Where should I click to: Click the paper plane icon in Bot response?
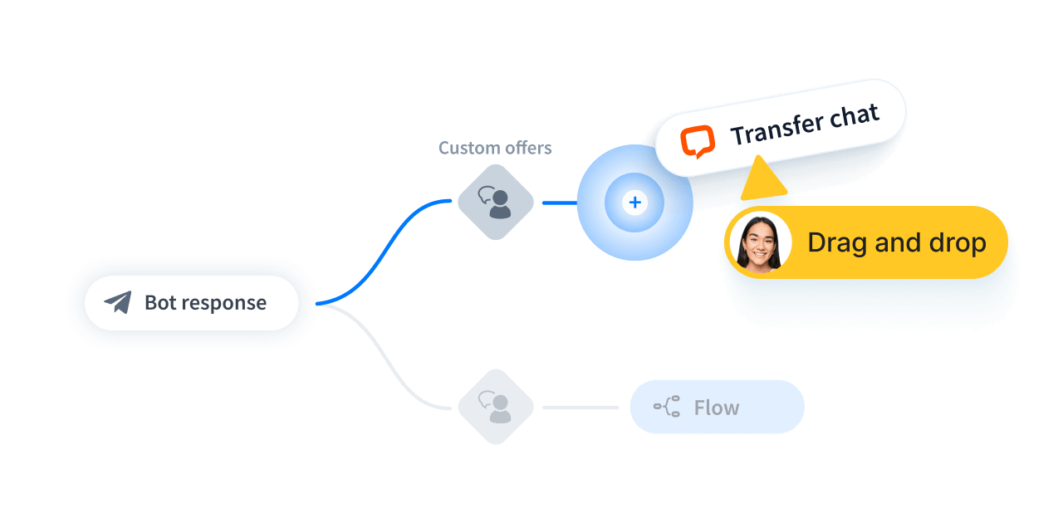pyautogui.click(x=118, y=302)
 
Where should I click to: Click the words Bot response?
pyautogui.click(x=205, y=302)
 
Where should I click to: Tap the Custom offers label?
pyautogui.click(x=495, y=148)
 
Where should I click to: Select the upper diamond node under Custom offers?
pyautogui.click(x=495, y=202)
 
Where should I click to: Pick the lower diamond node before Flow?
pyautogui.click(x=495, y=407)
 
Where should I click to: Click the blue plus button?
pyautogui.click(x=635, y=203)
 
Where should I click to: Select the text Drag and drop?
pyautogui.click(x=896, y=242)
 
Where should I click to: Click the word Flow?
pyautogui.click(x=716, y=408)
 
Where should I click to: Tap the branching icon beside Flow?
pyautogui.click(x=667, y=407)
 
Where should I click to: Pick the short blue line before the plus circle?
pyautogui.click(x=559, y=203)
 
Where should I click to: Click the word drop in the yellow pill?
pyautogui.click(x=955, y=242)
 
